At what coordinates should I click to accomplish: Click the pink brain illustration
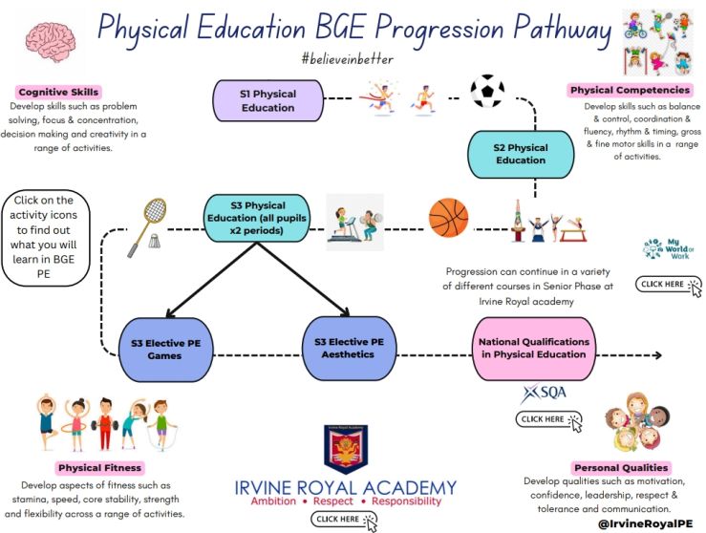(51, 42)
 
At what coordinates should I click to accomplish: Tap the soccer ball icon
(487, 91)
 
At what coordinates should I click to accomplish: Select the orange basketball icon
(448, 218)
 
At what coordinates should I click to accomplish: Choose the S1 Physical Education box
(267, 101)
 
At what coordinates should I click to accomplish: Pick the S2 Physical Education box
(521, 154)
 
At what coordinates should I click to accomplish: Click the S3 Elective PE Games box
(165, 350)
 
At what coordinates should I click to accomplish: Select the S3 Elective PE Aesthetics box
(349, 348)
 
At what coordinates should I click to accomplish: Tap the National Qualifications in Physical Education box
(533, 348)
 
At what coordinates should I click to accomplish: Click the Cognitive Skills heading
(58, 92)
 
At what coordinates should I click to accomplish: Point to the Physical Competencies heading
(630, 90)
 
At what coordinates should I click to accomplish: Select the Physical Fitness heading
(100, 468)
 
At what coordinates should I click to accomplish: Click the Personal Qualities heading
(621, 468)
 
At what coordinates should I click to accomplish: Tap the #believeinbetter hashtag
(348, 59)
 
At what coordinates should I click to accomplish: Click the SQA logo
(544, 394)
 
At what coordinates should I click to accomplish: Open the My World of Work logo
(669, 249)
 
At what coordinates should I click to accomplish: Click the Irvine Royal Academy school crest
(346, 449)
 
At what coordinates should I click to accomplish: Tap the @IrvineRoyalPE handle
(645, 523)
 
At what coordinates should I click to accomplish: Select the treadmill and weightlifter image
(354, 223)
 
